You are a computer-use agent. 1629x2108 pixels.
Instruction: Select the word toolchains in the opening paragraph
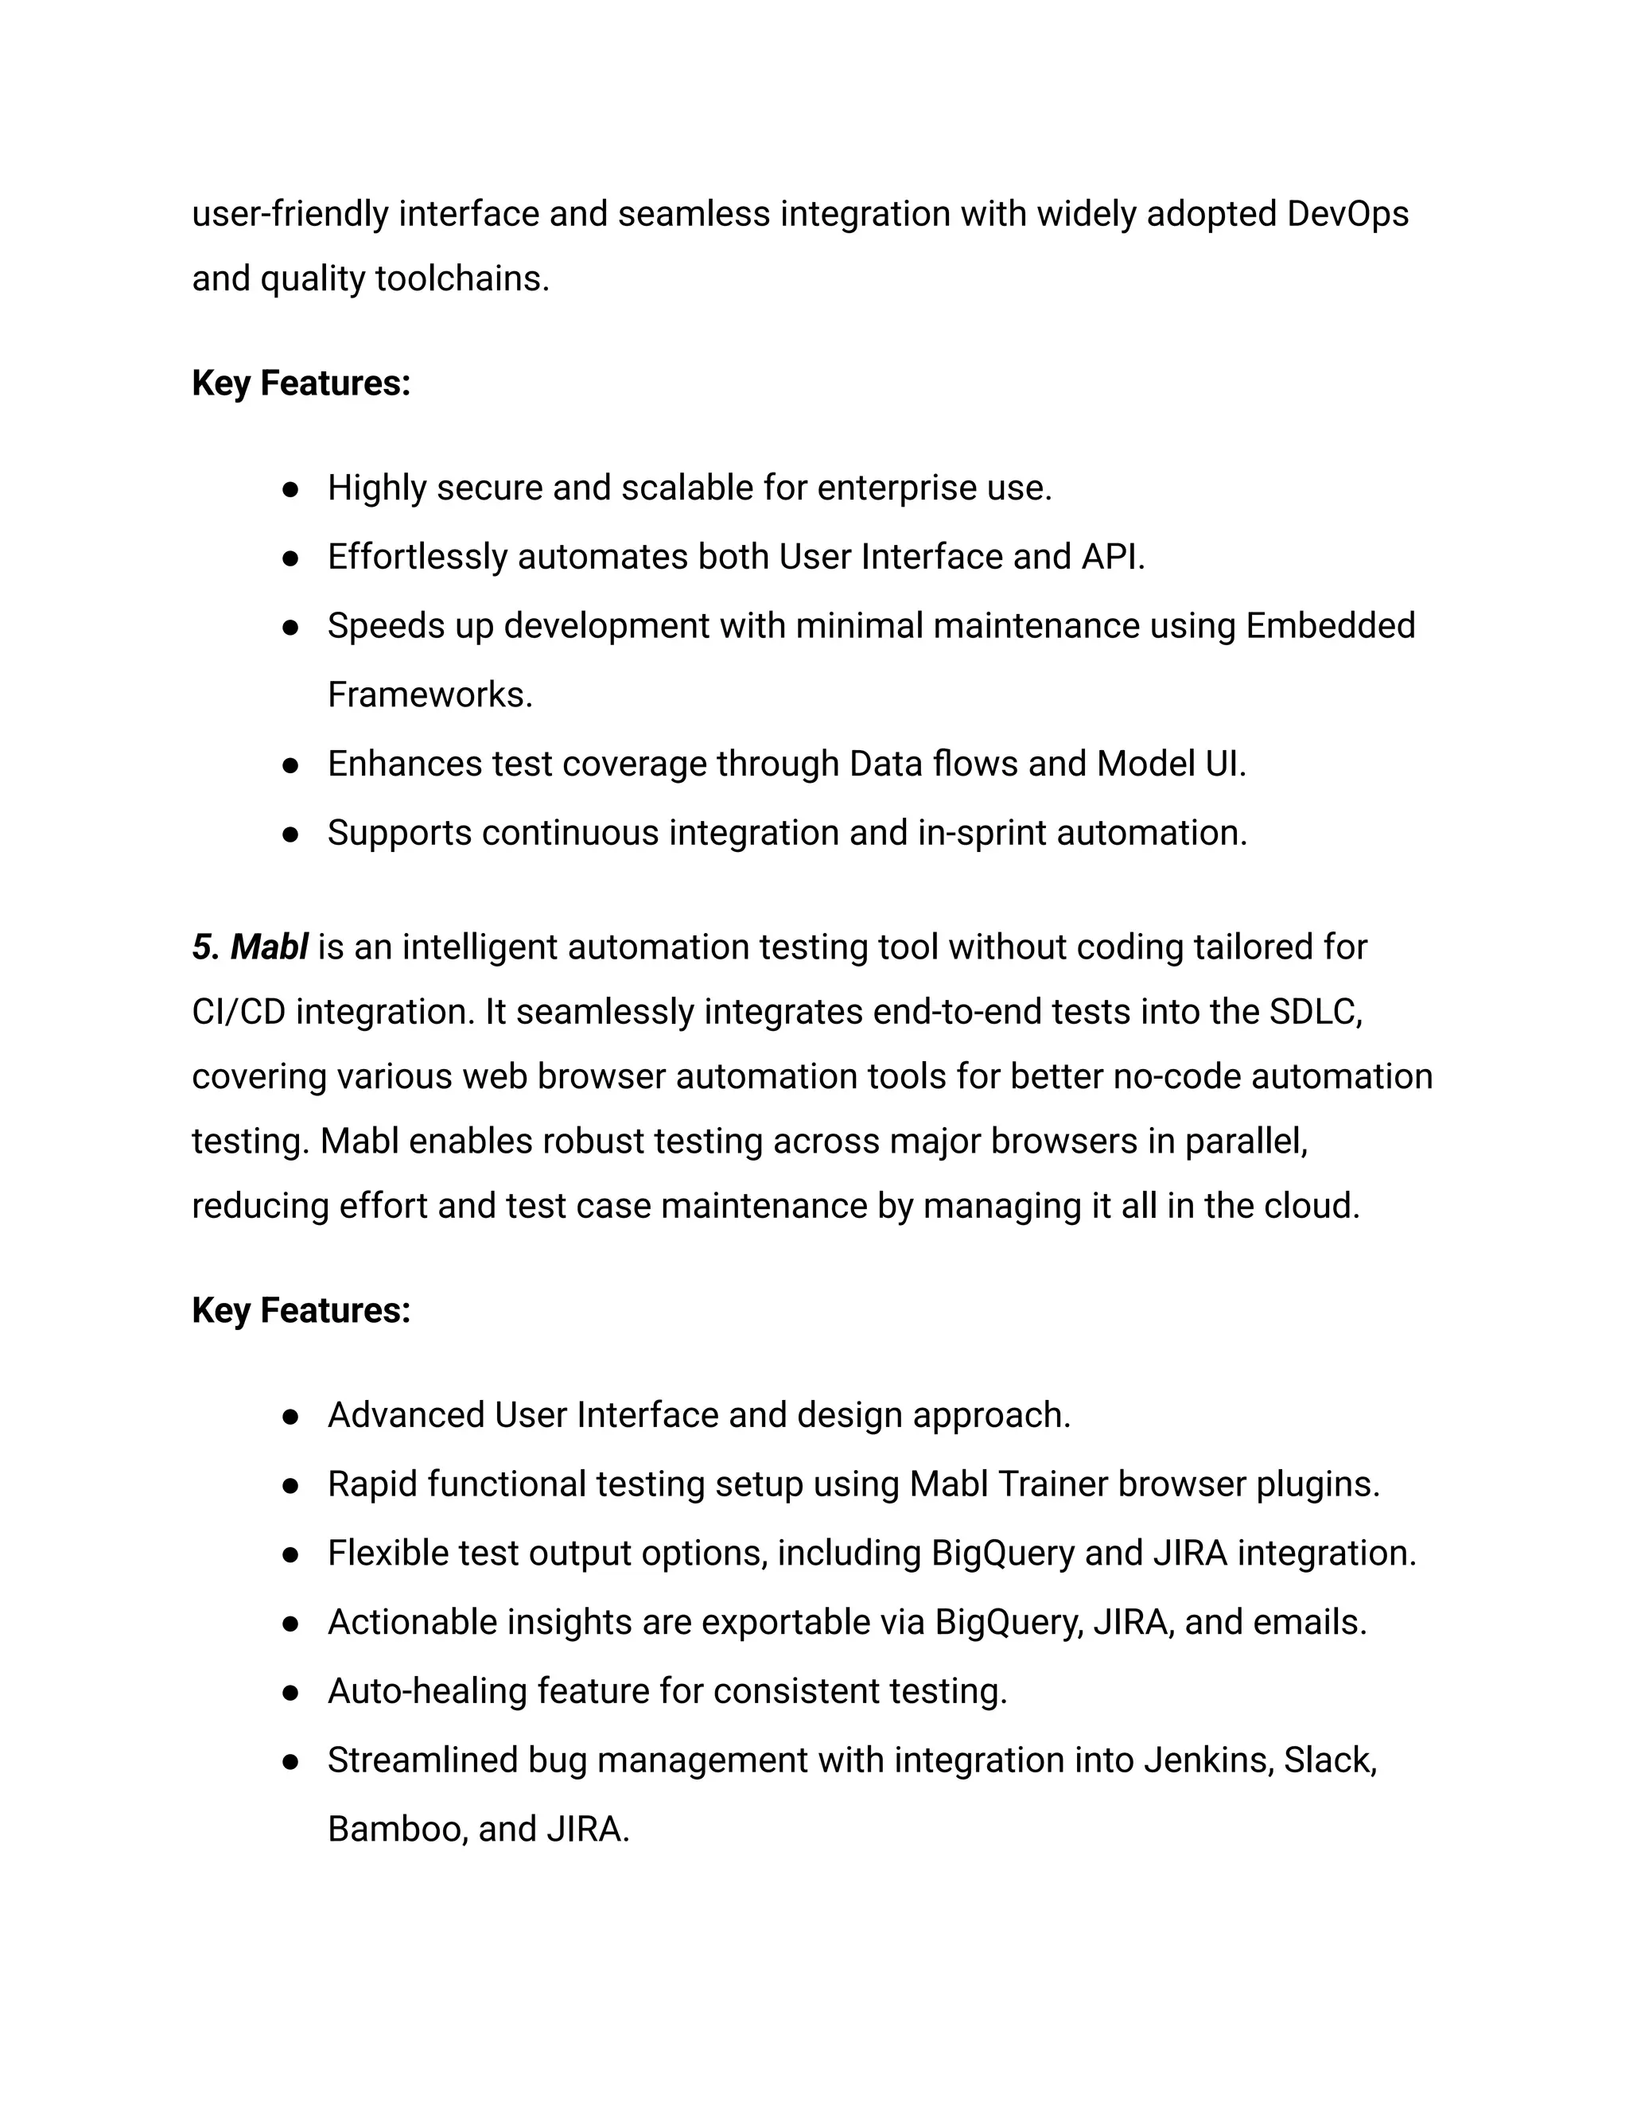[x=461, y=279]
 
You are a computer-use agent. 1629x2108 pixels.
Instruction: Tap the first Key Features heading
[x=301, y=383]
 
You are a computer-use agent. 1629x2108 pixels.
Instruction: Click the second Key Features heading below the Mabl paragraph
[x=301, y=1311]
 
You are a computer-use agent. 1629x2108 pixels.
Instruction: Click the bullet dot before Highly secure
[x=290, y=489]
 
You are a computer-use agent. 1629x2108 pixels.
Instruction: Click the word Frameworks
[x=429, y=695]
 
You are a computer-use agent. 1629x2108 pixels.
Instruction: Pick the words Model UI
[x=1171, y=764]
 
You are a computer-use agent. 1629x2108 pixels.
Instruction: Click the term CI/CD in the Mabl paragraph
[x=239, y=1012]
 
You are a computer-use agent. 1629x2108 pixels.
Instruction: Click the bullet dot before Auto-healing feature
[x=290, y=1693]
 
